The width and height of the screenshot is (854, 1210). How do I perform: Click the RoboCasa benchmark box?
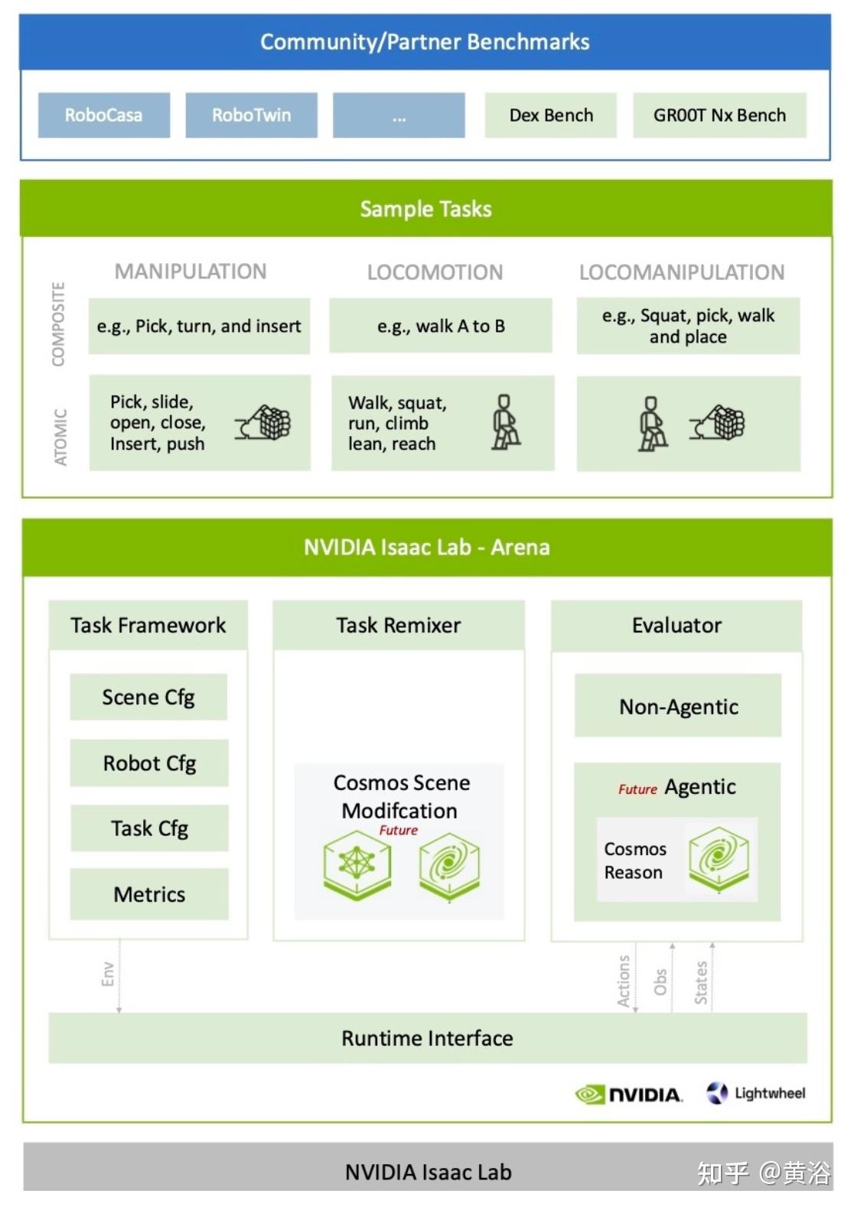coord(104,115)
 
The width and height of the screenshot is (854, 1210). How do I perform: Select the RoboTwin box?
coord(251,115)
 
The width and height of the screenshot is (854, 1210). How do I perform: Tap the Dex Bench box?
coord(551,115)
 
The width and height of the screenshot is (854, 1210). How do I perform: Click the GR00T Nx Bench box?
coord(719,115)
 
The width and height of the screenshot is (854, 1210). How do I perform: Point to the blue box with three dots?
coord(399,115)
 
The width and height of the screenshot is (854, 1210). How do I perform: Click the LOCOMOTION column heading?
coord(435,272)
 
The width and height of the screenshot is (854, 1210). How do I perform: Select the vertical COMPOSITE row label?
coord(58,324)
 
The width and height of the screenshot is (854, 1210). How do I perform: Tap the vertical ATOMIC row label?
coord(60,437)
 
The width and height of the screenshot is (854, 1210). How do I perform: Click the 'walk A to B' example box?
coord(441,326)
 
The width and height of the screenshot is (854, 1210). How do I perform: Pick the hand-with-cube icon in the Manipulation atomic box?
coord(262,422)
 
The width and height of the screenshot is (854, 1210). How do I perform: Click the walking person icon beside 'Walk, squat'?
coord(505,422)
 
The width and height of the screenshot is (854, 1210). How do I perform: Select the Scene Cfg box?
coord(148,697)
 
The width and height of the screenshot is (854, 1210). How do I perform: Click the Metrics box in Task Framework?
coord(149,895)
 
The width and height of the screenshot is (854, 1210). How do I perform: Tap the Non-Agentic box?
coord(678,706)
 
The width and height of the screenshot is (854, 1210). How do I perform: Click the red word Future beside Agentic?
coord(637,789)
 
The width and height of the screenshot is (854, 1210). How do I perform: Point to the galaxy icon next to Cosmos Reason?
coord(719,859)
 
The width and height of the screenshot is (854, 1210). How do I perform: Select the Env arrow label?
coord(108,974)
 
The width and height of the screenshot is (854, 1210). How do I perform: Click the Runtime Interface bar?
coord(428,1038)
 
